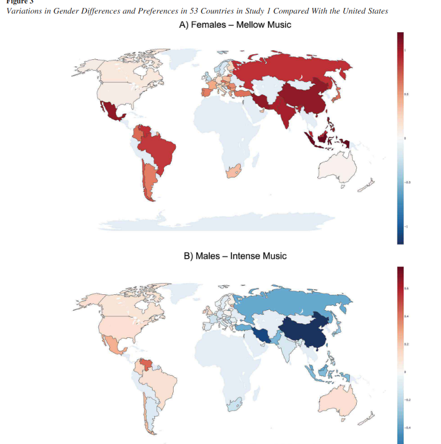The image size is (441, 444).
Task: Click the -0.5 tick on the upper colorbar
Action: click(408, 182)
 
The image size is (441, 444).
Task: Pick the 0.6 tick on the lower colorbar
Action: click(407, 289)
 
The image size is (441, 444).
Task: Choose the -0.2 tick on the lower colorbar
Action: click(407, 400)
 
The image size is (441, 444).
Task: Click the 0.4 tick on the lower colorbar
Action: click(407, 317)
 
